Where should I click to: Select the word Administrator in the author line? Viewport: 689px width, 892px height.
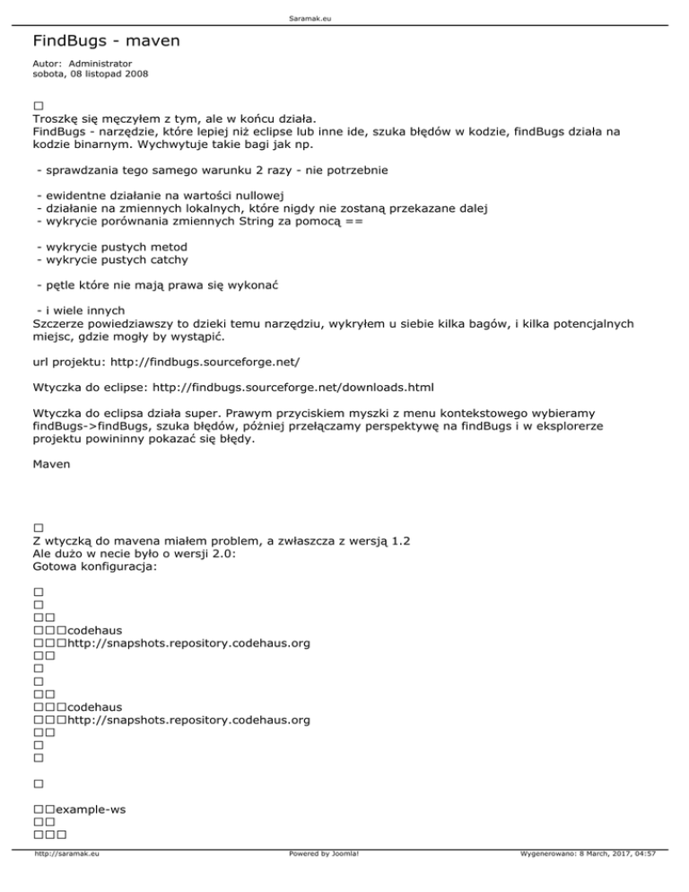(100, 64)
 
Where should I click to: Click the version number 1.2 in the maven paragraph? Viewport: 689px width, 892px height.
(401, 541)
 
